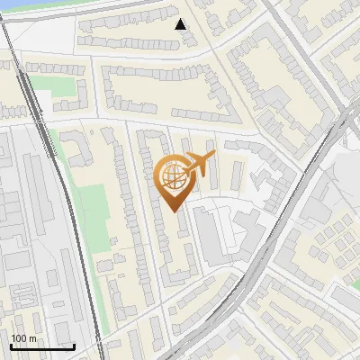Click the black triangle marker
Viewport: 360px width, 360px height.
click(181, 24)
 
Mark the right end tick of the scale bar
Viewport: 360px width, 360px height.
click(74, 346)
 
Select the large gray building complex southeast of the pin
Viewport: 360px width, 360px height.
click(216, 234)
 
